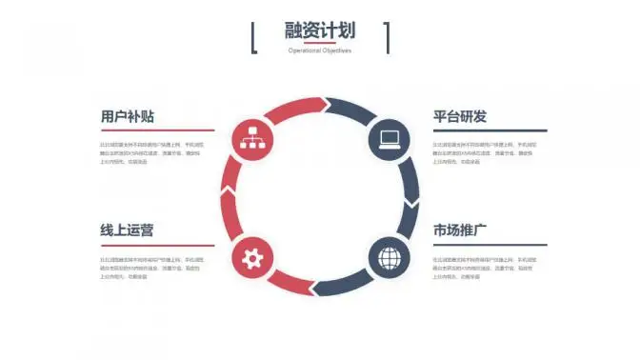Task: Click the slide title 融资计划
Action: click(319, 30)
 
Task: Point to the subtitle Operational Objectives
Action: click(319, 50)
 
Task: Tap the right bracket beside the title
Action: click(388, 37)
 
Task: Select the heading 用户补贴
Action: click(128, 116)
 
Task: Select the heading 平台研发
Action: click(460, 116)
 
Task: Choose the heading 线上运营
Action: click(127, 230)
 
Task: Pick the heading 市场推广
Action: click(460, 230)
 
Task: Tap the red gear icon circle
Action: click(252, 257)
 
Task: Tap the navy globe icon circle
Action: click(389, 257)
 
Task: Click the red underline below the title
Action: click(319, 43)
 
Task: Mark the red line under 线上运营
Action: click(158, 245)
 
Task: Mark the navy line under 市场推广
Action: click(490, 245)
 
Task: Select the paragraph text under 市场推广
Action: click(483, 268)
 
